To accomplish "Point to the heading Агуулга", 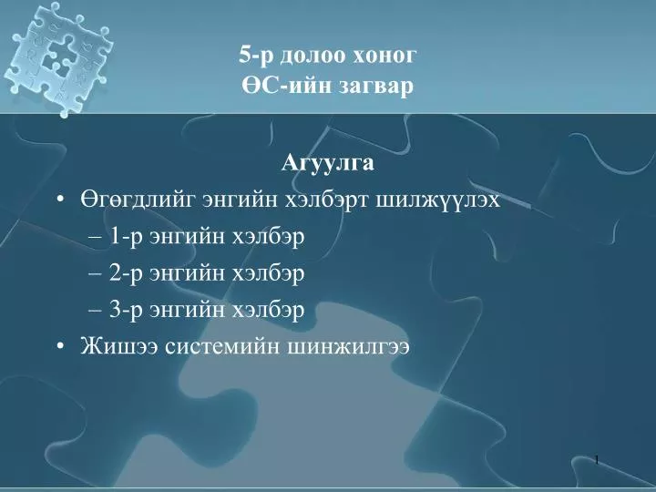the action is (328, 163).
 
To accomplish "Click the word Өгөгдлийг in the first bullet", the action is (138, 200).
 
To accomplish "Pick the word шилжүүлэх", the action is (438, 200).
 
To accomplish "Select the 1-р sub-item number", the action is (126, 237).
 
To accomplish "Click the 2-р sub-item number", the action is (126, 273).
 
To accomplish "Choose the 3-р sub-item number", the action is (126, 311).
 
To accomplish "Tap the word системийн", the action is (222, 347).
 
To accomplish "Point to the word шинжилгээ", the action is (348, 347).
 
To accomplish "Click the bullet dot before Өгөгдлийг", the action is (61, 200).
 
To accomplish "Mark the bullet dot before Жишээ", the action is (61, 346).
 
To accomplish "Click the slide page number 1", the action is (597, 461).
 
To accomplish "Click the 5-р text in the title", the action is (256, 56).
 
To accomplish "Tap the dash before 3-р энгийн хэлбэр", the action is (96, 311).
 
